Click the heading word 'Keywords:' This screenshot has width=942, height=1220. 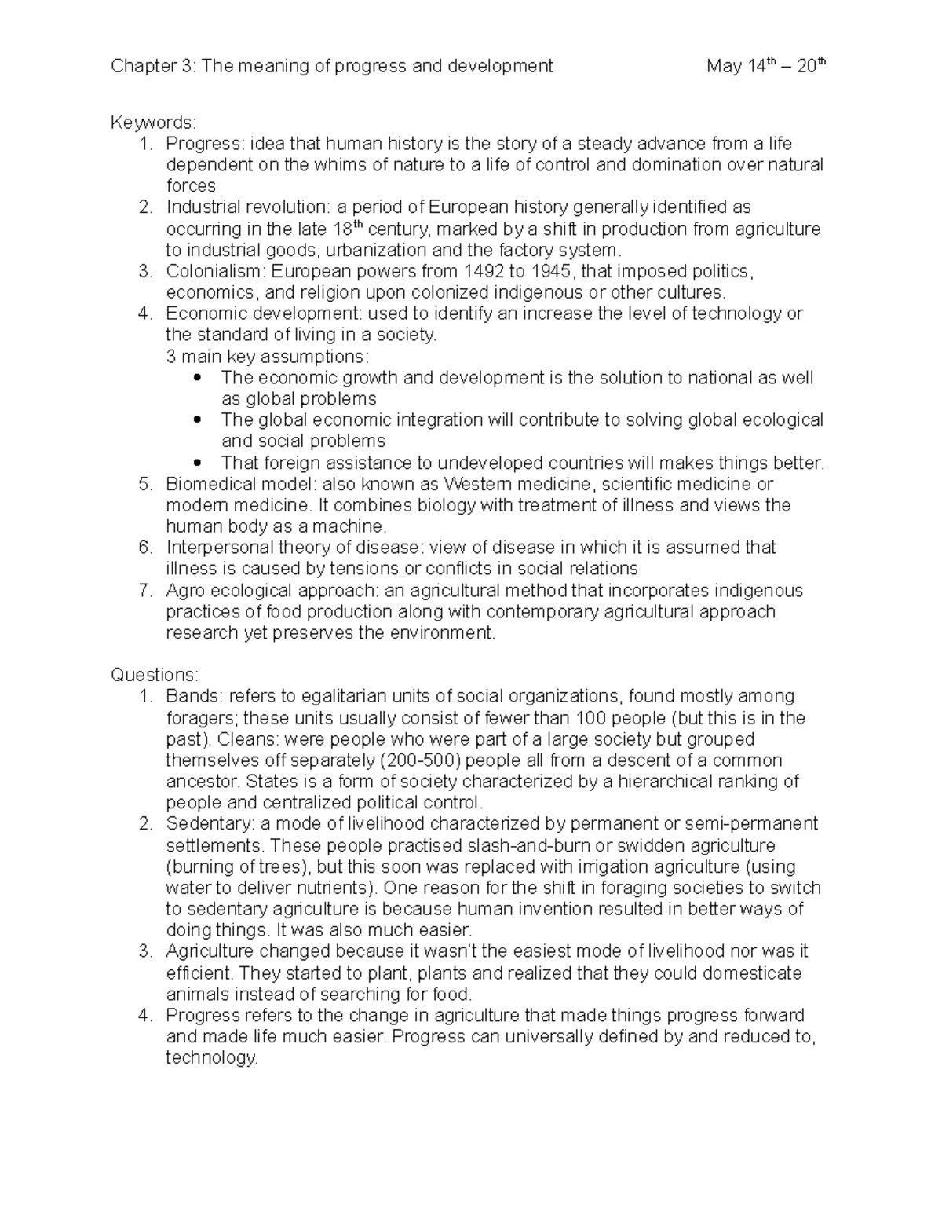pyautogui.click(x=153, y=123)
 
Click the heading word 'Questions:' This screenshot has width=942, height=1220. pyautogui.click(x=155, y=675)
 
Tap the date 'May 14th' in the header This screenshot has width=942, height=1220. pyautogui.click(x=739, y=66)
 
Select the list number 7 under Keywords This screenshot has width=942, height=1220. pyautogui.click(x=144, y=590)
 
